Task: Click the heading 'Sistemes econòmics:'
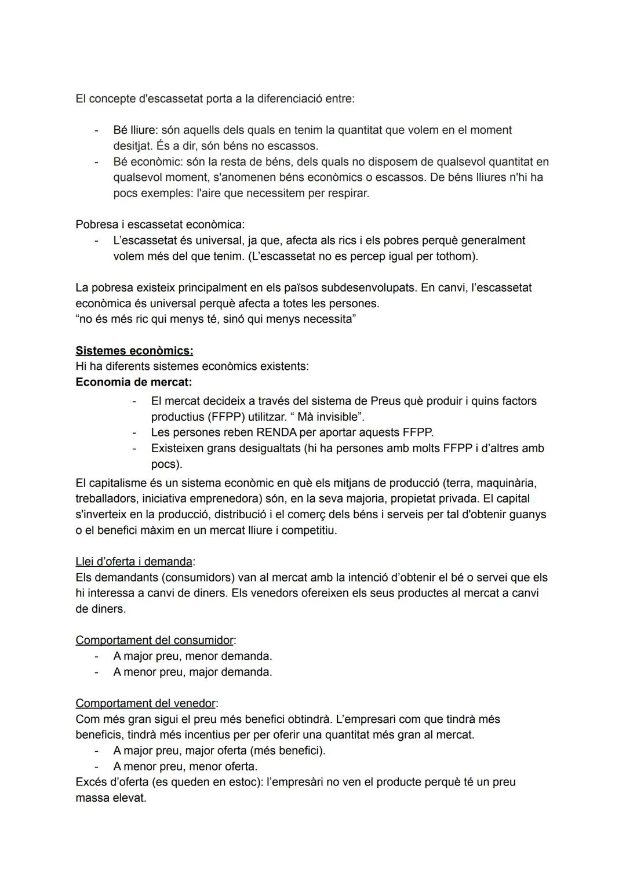click(x=134, y=351)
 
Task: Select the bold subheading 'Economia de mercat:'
click(x=134, y=383)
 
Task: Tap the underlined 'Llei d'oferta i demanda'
click(x=134, y=562)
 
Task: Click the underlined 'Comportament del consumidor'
click(x=155, y=641)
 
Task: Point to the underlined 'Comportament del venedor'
click(x=145, y=704)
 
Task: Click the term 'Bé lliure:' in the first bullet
click(x=135, y=130)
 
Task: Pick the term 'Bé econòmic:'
click(x=147, y=162)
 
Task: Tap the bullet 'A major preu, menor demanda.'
click(x=192, y=656)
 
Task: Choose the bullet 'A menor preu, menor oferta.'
click(x=185, y=766)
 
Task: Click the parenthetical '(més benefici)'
click(x=287, y=751)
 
